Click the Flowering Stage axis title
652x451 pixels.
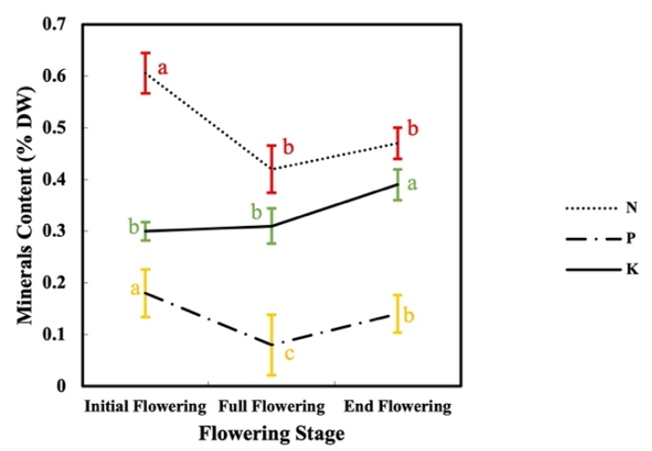click(x=272, y=434)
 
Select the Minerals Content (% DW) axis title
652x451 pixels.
click(x=26, y=205)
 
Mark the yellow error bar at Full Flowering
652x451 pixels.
click(x=270, y=344)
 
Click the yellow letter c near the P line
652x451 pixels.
click(x=289, y=353)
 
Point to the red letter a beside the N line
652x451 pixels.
click(x=164, y=67)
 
